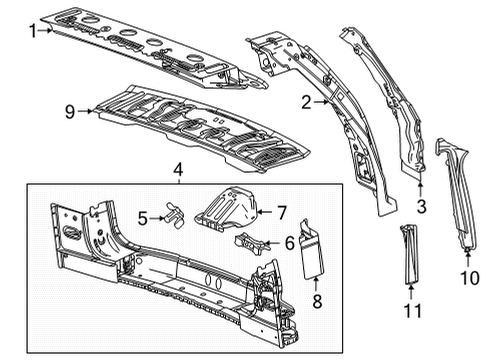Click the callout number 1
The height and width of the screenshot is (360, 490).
31,31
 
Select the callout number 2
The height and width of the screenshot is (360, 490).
306,102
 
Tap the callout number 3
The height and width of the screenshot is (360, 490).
421,206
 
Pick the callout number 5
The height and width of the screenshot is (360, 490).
142,216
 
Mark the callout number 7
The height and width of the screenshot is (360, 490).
282,211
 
